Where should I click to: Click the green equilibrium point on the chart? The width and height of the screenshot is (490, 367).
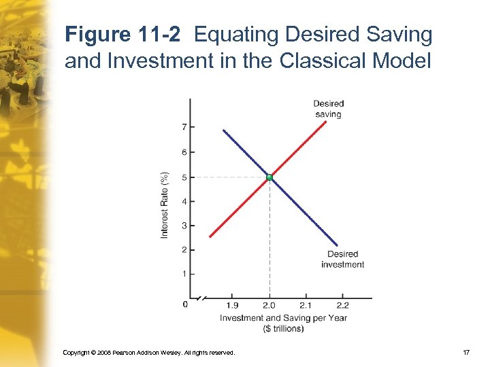(x=269, y=177)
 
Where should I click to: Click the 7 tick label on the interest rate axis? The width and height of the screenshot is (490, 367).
(x=184, y=127)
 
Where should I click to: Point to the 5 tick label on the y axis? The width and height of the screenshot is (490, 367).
(x=184, y=177)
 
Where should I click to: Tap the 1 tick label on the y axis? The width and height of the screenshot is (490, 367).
(x=184, y=274)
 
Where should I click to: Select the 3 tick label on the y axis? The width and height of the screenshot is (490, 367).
(x=184, y=226)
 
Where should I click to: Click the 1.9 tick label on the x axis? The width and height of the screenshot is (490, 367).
(x=232, y=306)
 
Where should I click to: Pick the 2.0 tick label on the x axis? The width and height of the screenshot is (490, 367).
(x=269, y=306)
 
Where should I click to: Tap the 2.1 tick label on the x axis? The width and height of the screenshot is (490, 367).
(x=306, y=306)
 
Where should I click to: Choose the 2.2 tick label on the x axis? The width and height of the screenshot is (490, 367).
(x=342, y=306)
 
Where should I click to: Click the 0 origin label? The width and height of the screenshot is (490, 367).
(x=185, y=304)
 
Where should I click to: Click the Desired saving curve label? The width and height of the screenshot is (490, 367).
(x=329, y=109)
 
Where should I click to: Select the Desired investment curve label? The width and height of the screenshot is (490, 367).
(x=342, y=260)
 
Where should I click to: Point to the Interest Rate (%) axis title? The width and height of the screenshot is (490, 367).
(x=165, y=204)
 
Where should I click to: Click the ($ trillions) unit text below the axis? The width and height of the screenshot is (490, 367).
(x=283, y=328)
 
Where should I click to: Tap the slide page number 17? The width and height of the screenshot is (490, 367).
(x=466, y=353)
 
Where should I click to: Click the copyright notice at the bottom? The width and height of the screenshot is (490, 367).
(x=148, y=353)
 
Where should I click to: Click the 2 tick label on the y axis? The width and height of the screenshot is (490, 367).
(x=184, y=250)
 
